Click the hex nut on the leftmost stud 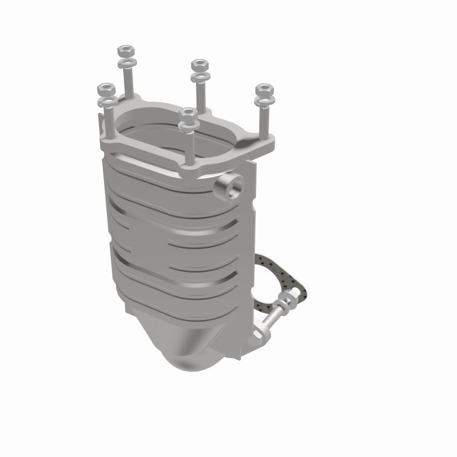pos(106,89)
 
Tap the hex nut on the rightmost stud pos(264,90)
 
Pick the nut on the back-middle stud pos(199,63)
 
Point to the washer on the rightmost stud pos(263,102)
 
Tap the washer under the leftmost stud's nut pos(107,102)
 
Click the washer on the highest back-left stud pos(127,61)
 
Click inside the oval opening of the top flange pos(171,134)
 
